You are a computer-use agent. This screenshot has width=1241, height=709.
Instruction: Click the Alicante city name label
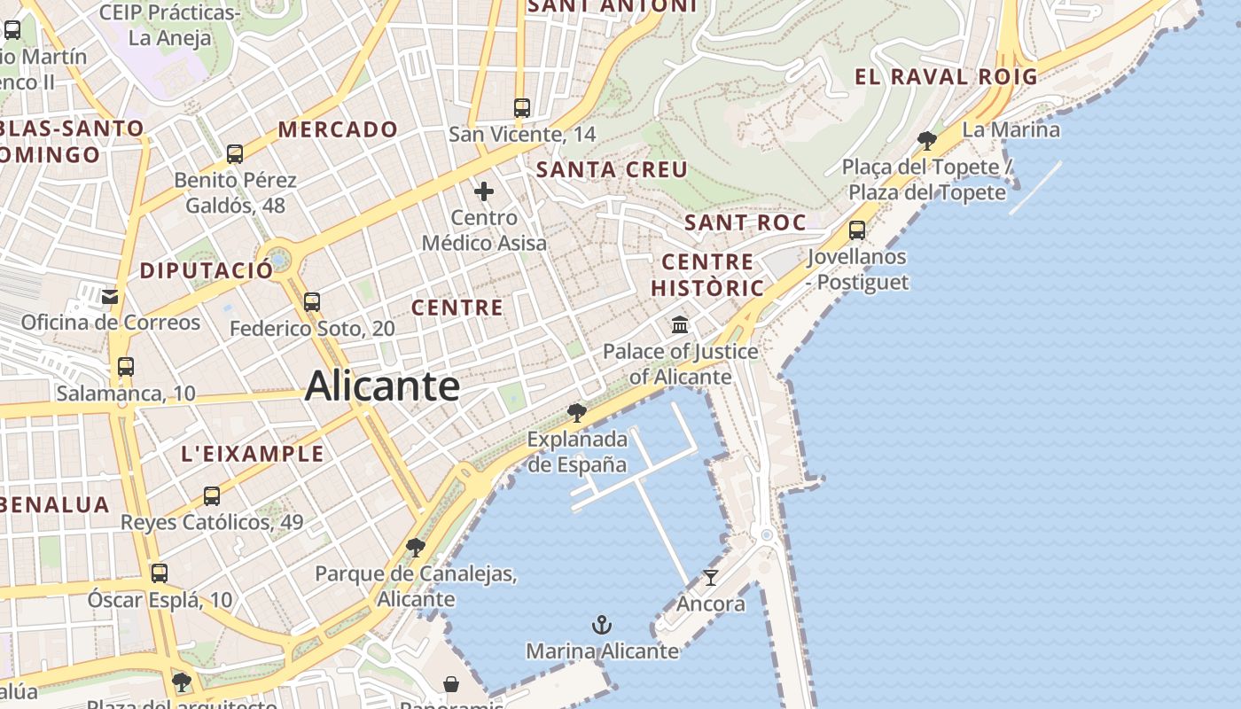[382, 386]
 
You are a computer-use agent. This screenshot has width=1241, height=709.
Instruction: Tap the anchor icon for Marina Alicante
[602, 626]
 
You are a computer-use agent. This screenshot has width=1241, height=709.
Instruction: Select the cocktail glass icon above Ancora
[711, 578]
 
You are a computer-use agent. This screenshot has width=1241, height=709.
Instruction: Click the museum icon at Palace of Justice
[680, 324]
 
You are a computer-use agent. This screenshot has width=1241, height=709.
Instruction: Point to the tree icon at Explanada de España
[577, 412]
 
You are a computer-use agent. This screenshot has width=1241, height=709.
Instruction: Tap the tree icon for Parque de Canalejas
[415, 547]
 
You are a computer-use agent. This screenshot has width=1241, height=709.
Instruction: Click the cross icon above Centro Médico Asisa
[484, 191]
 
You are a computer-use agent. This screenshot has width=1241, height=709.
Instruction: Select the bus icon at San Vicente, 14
[522, 108]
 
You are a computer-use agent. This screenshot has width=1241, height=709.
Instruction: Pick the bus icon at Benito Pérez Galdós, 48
[235, 154]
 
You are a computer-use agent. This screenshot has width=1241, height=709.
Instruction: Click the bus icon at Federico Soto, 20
[312, 302]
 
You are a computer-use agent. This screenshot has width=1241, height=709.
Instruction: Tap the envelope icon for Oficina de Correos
[110, 296]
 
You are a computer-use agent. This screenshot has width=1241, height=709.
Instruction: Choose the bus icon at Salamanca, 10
[126, 367]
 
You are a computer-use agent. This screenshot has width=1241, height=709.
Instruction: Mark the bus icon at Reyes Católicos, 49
[212, 496]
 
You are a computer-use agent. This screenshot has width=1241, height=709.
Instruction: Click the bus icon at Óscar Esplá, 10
[160, 573]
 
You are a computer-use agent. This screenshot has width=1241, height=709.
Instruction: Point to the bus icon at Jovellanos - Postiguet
[857, 230]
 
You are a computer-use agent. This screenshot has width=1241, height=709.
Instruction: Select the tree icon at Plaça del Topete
[926, 140]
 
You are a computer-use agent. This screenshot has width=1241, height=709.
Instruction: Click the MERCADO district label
[338, 129]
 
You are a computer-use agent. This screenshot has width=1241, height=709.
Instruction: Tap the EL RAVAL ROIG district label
[946, 77]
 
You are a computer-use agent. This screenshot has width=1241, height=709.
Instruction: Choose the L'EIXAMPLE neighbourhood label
[253, 455]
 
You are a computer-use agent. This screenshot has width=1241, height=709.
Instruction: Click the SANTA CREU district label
[612, 169]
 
